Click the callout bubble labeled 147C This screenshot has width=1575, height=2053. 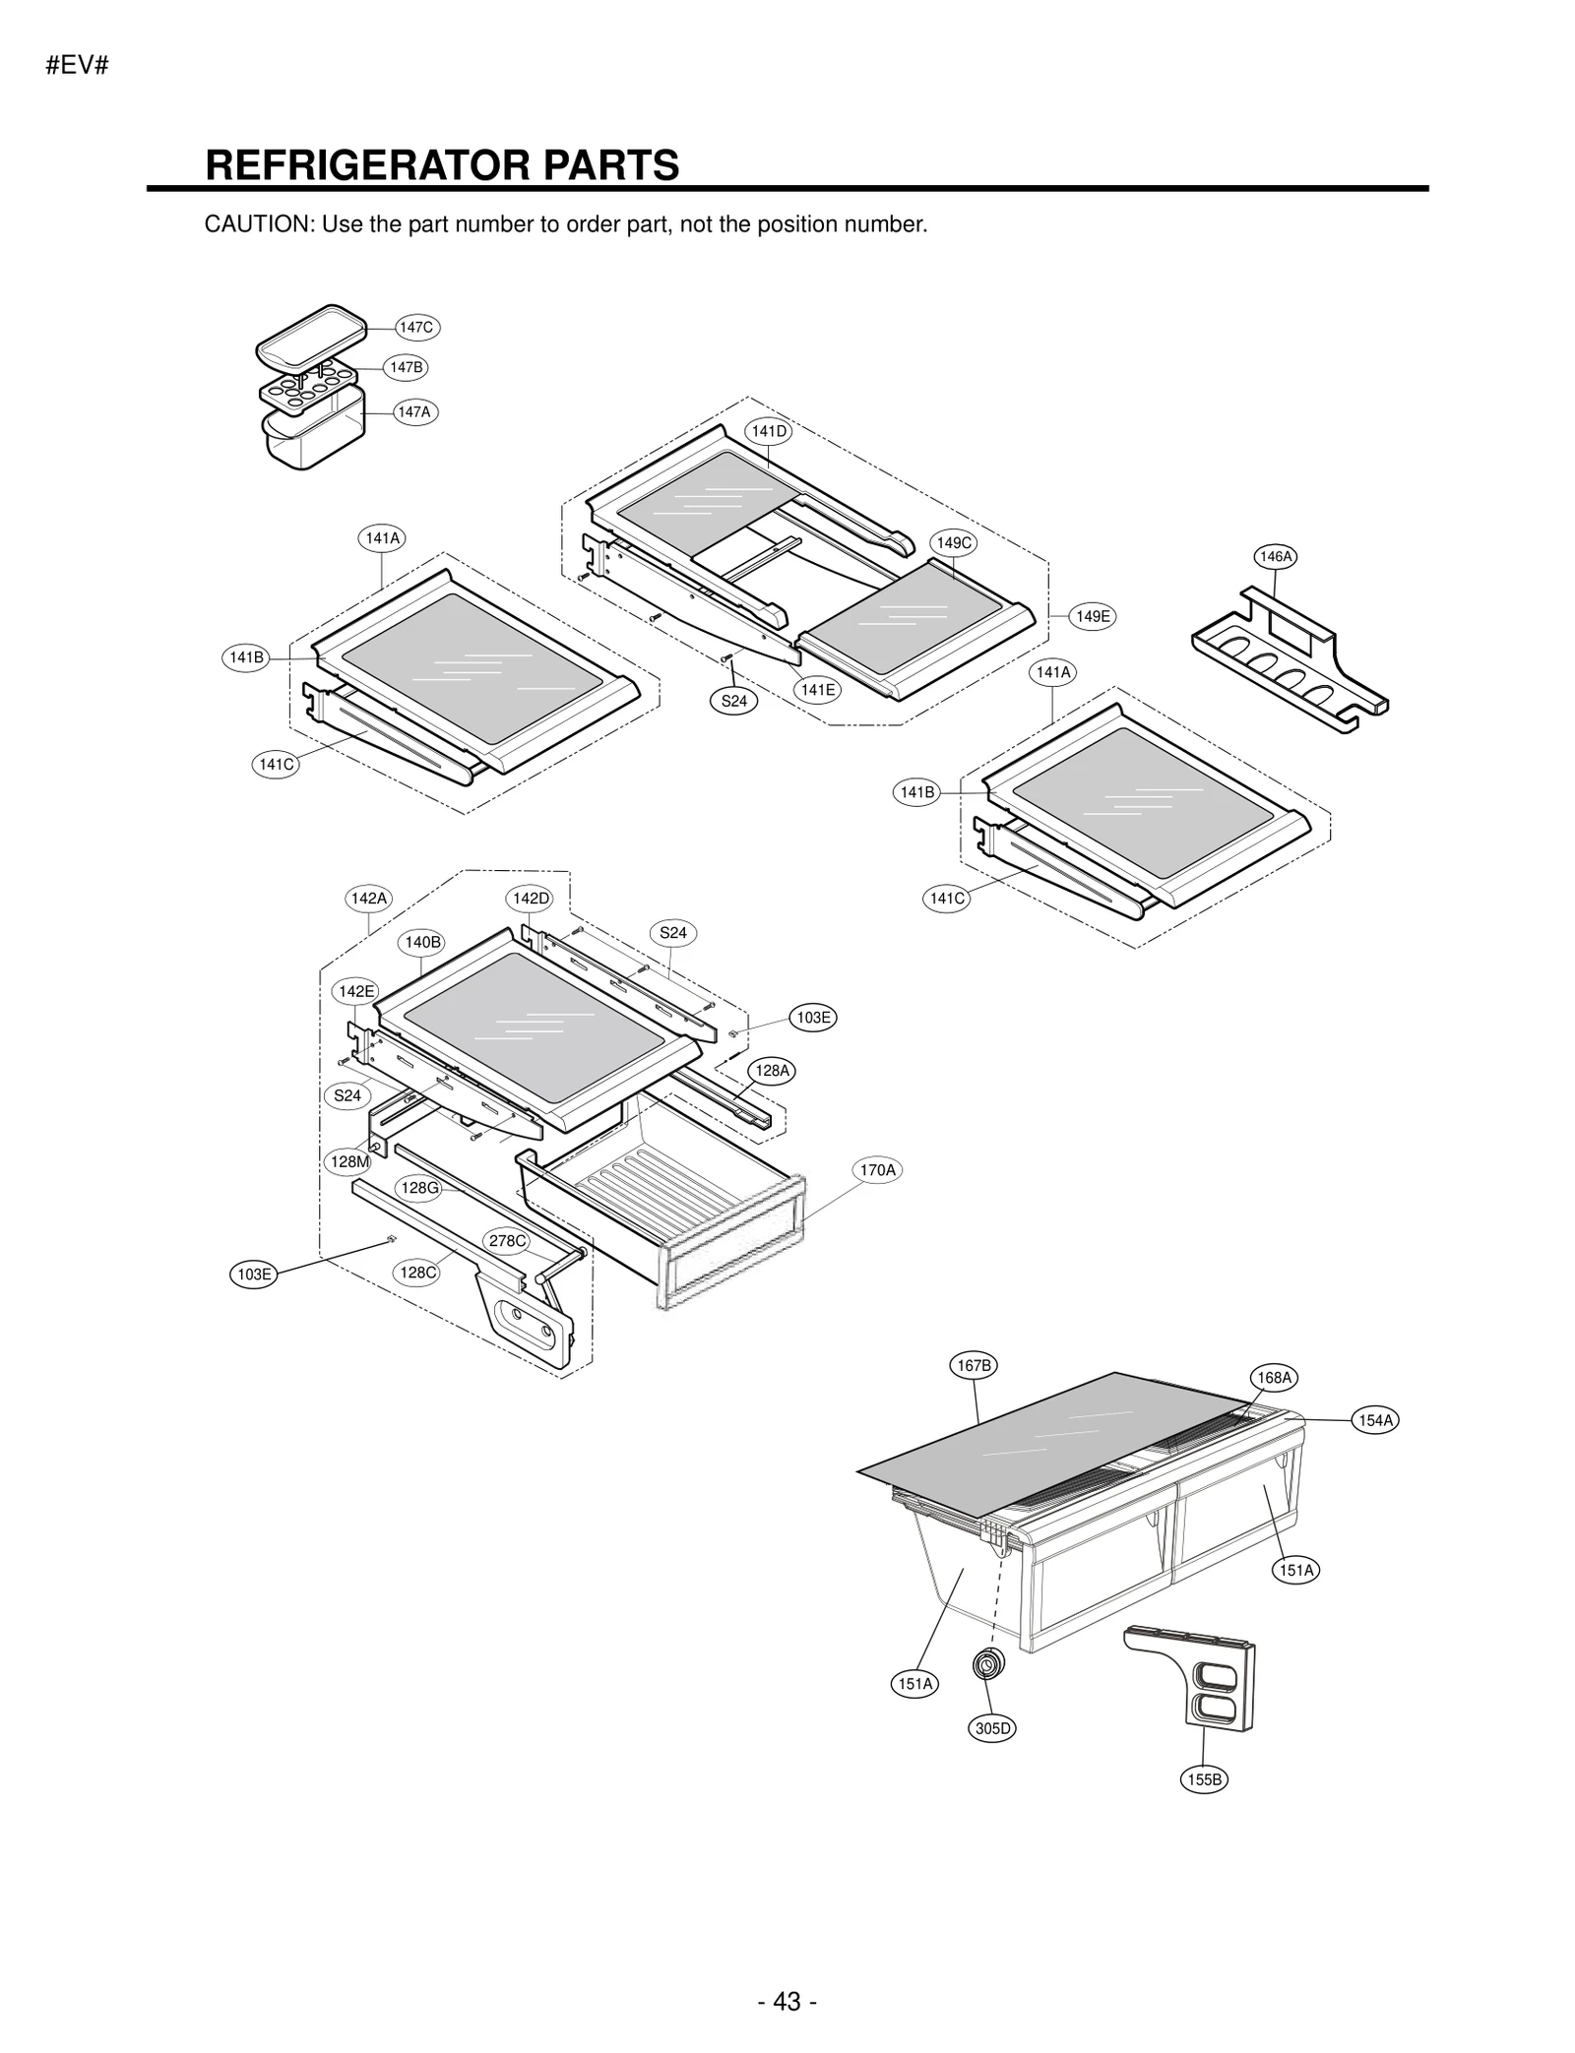click(416, 327)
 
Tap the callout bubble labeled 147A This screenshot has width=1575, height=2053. click(414, 412)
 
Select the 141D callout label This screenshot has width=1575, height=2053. click(770, 431)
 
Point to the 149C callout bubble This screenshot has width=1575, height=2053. click(953, 542)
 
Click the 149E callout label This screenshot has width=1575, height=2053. click(1093, 616)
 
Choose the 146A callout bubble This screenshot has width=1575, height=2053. click(1276, 556)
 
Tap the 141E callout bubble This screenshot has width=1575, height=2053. click(817, 690)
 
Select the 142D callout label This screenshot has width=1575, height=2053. click(531, 898)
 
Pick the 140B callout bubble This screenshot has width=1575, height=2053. click(423, 942)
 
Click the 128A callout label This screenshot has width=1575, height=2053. click(773, 1070)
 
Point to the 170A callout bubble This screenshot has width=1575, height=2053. click(877, 1170)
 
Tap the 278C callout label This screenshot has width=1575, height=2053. click(508, 1240)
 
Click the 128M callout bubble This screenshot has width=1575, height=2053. click(349, 1161)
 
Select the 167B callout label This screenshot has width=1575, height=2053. click(975, 1365)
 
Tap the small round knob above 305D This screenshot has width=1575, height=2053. click(985, 1665)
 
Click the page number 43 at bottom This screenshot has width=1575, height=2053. click(787, 1974)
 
